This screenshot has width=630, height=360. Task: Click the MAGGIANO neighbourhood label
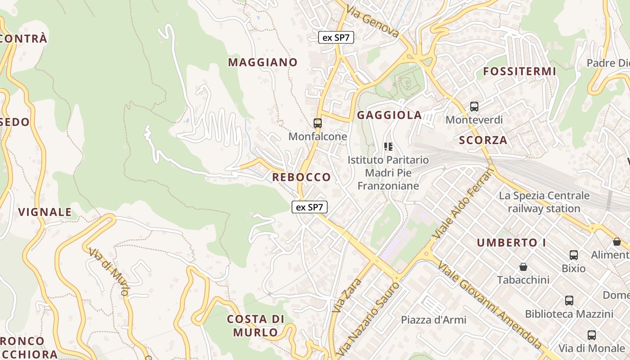(x=263, y=63)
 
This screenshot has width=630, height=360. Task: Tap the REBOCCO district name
(x=301, y=177)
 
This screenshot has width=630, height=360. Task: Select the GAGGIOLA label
(x=390, y=115)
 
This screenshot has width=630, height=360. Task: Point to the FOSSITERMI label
(x=520, y=72)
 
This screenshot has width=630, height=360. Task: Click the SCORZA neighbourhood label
(x=483, y=140)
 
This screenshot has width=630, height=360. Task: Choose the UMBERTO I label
(x=512, y=243)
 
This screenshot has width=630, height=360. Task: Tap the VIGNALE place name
(x=45, y=212)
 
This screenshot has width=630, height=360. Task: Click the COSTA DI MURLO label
(x=256, y=326)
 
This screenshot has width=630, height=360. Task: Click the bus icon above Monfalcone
(x=318, y=123)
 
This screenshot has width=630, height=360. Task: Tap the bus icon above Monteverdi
(x=474, y=107)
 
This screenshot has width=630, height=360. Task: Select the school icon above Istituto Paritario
(x=388, y=146)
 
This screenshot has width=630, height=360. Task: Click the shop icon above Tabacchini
(x=523, y=267)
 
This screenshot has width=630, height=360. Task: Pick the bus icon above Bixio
(x=574, y=255)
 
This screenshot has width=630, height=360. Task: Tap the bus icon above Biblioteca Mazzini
(x=569, y=301)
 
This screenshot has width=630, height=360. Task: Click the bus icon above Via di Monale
(x=592, y=335)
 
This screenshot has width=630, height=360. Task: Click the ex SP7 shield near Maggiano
(x=336, y=38)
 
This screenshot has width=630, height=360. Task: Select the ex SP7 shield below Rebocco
(x=310, y=207)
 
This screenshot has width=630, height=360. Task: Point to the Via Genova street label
(x=373, y=22)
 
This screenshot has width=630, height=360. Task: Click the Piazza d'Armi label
(x=434, y=320)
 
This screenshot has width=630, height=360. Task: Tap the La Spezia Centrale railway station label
(x=544, y=202)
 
